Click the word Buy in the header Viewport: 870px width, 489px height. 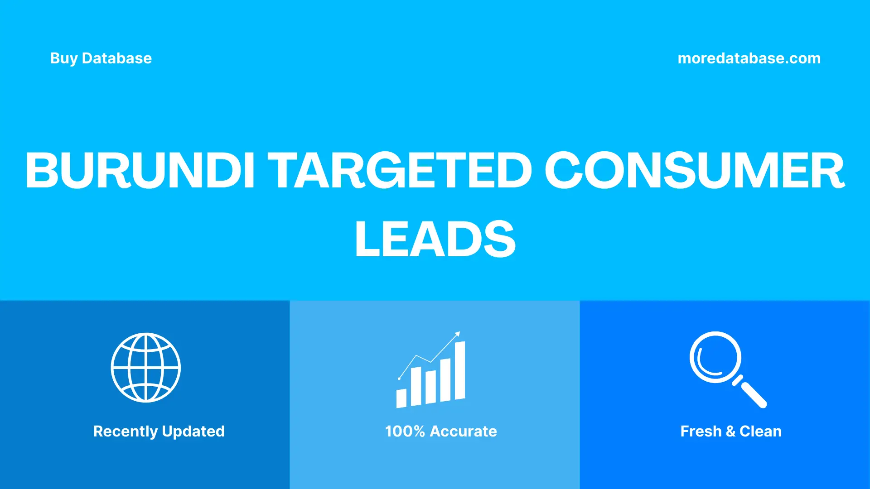[64, 58]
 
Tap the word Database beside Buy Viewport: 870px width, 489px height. [117, 58]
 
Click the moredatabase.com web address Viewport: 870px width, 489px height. [749, 58]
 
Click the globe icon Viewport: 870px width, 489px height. [146, 368]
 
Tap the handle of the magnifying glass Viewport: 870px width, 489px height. [753, 394]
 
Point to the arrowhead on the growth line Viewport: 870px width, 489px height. [458, 334]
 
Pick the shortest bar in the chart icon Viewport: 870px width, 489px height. [401, 398]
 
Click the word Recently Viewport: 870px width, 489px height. [126, 431]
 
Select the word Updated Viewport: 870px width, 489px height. [193, 431]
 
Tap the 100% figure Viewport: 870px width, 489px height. [405, 431]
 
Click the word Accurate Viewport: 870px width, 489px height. [463, 431]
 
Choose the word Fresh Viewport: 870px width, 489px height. [701, 431]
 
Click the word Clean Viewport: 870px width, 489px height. [760, 431]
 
